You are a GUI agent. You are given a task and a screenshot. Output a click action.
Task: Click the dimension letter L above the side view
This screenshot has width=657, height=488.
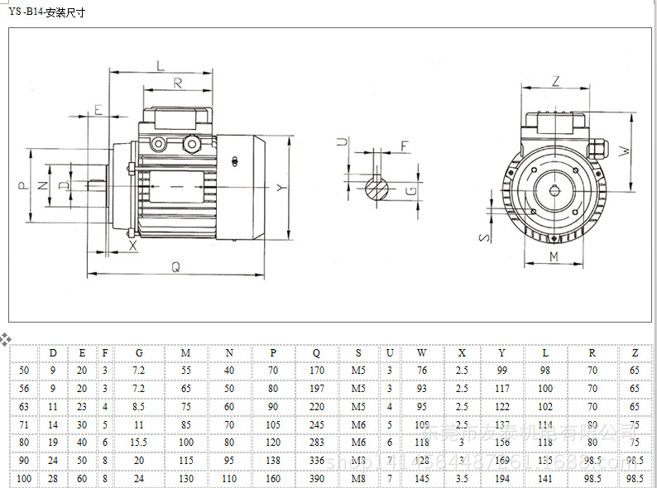160,65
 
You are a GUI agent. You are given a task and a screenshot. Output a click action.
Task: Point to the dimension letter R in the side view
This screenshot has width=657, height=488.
177,82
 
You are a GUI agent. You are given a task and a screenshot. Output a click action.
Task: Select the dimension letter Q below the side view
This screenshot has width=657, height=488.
175,266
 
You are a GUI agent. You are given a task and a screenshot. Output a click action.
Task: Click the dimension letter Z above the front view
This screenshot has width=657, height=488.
555,81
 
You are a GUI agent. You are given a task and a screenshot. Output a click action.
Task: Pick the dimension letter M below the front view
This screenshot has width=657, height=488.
554,257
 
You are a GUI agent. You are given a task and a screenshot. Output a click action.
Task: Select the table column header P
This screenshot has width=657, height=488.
273,353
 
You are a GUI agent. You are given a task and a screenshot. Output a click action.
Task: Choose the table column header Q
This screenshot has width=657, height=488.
316,353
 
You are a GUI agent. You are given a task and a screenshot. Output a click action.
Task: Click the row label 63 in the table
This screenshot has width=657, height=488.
23,406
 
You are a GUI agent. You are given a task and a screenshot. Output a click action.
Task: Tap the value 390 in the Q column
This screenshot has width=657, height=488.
316,479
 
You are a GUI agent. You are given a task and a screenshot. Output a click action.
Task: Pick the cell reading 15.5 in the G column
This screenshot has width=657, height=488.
139,443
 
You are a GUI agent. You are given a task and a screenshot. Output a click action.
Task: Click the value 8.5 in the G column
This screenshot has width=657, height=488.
139,406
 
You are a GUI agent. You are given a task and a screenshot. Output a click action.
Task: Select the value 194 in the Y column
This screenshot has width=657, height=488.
502,479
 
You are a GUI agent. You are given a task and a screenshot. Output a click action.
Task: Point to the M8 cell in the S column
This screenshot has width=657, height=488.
358,479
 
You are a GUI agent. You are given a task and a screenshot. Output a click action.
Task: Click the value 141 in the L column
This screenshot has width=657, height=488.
544,479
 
